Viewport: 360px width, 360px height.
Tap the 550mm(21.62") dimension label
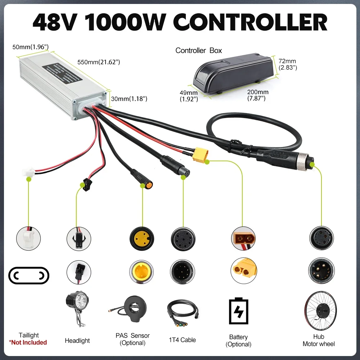coord(99,62)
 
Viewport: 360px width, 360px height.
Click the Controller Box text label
coord(199,50)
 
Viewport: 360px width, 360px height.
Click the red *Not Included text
coord(28,342)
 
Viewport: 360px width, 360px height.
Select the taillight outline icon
coord(28,276)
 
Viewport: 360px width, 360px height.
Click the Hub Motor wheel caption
coord(319,341)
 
